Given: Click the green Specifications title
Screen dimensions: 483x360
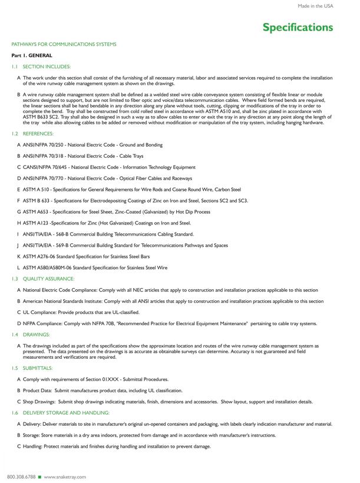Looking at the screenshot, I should [x=298, y=27].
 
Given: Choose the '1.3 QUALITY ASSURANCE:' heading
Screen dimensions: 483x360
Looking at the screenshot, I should [x=43, y=278].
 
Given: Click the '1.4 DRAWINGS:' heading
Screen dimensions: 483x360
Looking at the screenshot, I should [x=33, y=335].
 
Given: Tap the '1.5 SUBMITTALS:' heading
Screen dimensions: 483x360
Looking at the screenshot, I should [x=35, y=368].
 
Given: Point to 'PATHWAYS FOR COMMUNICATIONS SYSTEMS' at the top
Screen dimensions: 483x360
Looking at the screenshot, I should [x=64, y=44].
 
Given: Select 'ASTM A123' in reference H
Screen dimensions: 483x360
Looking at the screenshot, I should [x=36, y=223].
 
